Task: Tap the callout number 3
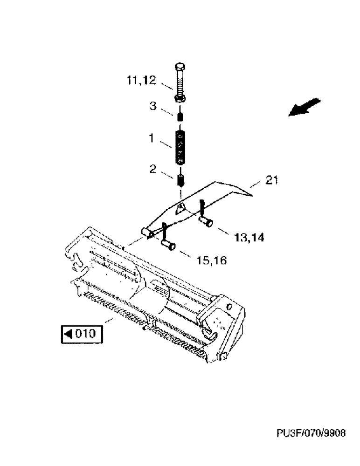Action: click(x=152, y=106)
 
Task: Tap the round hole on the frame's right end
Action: click(x=229, y=306)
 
